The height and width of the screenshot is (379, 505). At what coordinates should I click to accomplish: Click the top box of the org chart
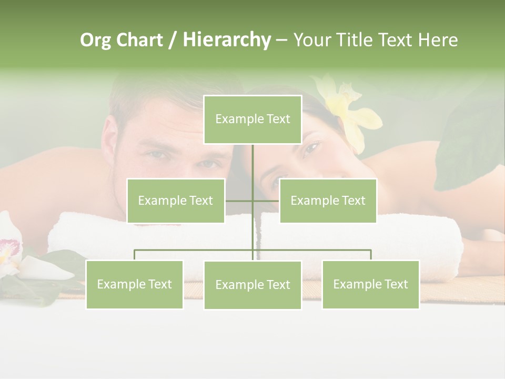(252, 119)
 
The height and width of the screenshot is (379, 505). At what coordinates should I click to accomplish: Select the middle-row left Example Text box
(176, 201)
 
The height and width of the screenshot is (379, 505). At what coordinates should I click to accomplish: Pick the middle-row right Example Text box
(328, 201)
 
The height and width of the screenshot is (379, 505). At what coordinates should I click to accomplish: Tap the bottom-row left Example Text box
(134, 284)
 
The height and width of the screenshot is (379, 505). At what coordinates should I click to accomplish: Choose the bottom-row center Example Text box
(252, 285)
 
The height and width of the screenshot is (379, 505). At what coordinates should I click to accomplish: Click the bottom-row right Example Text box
(370, 284)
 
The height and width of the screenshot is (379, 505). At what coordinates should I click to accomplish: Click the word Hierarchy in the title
(227, 40)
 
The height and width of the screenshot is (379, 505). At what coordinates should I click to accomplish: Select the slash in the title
(173, 40)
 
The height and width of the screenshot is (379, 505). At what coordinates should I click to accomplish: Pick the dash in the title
(281, 40)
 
